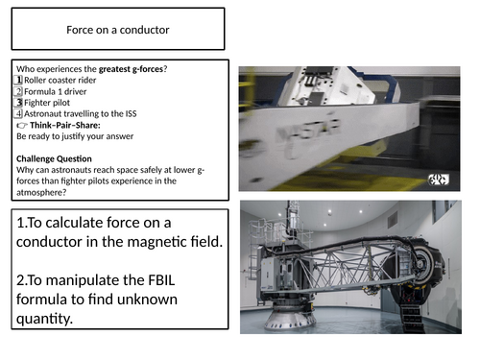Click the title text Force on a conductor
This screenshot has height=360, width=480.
point(118,30)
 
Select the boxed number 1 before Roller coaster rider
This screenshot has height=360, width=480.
point(18,80)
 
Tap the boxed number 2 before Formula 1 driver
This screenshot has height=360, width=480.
point(18,91)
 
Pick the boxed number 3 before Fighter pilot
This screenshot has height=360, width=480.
point(18,103)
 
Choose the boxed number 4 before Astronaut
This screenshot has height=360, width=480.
point(18,113)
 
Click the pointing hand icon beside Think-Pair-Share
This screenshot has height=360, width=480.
point(22,125)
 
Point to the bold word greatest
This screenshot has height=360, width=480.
point(114,69)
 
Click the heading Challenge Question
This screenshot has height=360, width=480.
point(54,158)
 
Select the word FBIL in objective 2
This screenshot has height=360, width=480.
point(161,280)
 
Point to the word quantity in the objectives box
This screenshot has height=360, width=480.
point(44,319)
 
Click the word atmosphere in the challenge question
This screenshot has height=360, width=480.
point(41,192)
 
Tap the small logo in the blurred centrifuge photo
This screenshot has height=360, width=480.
point(439,180)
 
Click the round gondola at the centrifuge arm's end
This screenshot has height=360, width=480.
point(425,262)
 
